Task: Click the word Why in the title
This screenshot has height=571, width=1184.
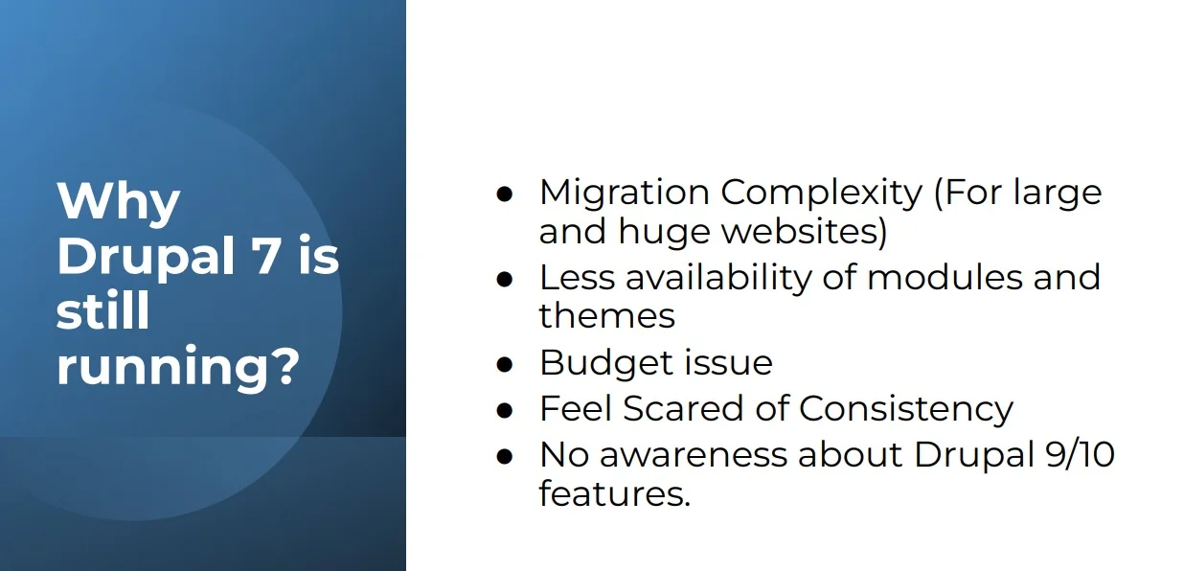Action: pos(118,202)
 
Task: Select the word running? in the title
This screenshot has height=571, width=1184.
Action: pos(176,368)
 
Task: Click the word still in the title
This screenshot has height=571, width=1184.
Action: pos(102,312)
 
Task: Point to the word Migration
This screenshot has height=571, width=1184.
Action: pos(623,193)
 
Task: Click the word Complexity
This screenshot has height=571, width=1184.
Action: pos(821,193)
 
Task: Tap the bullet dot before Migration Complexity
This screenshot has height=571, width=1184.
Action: pos(505,194)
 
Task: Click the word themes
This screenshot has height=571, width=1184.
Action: pos(606,315)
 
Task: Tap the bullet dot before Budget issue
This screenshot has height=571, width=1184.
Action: pos(505,364)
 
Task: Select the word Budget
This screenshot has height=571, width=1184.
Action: pos(592,362)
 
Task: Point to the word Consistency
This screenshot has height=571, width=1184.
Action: pos(905,409)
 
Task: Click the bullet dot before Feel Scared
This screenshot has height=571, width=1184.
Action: pos(505,410)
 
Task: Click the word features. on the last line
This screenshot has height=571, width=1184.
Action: pos(614,494)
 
